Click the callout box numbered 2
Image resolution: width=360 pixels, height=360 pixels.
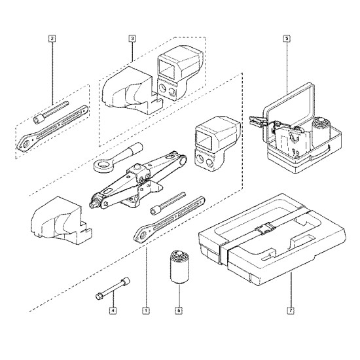point(52,39)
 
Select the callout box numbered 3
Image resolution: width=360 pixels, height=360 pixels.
point(132,39)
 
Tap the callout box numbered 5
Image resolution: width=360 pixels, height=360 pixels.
point(287,39)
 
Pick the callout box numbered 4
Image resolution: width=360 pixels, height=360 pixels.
point(113,311)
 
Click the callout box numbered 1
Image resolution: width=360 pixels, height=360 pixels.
point(146,311)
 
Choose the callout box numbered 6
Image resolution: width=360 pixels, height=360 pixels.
point(179,311)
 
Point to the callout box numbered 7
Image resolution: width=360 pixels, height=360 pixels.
point(291,311)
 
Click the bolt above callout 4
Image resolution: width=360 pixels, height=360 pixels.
point(113,288)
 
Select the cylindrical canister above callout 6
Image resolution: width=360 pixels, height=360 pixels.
point(179,266)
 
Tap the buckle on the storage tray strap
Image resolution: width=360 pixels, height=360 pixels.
point(265,228)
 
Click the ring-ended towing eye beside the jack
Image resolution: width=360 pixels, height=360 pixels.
point(117,158)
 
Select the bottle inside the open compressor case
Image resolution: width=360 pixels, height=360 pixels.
point(320,132)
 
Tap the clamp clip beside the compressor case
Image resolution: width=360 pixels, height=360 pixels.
point(259,122)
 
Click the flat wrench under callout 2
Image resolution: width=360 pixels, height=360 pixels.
point(52,129)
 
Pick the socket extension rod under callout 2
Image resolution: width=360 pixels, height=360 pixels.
point(51,113)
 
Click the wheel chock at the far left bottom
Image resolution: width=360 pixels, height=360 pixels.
point(62,221)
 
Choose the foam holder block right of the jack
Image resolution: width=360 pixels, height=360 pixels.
point(217,144)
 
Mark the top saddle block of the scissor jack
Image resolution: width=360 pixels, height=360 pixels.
point(137,171)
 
